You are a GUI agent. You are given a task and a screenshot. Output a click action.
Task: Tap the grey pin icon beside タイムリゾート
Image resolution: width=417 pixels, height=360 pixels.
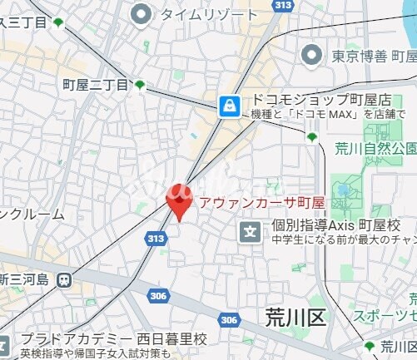(142, 12)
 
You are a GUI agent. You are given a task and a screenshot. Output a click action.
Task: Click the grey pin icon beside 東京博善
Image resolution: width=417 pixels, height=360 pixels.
(312, 56)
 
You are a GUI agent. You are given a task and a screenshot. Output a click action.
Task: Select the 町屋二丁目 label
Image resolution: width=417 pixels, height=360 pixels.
(96, 85)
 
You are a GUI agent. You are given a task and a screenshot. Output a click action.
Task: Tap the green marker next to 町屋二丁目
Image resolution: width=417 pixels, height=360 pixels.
(140, 85)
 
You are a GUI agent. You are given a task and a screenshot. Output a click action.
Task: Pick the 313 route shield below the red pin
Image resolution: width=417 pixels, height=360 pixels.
(154, 239)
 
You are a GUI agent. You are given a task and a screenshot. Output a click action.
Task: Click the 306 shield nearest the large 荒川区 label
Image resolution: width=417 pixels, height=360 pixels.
(230, 319)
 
